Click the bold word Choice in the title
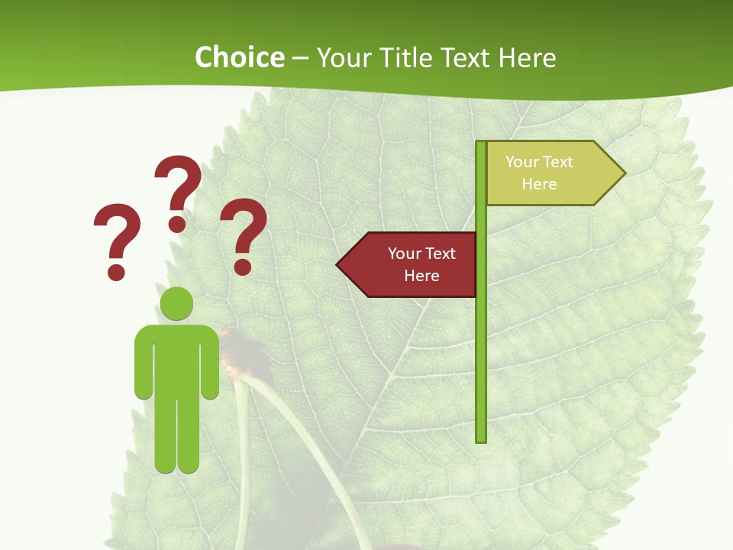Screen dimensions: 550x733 pos(239,57)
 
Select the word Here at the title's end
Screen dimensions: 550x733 pos(527,57)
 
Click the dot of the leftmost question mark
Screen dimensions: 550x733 pos(116,271)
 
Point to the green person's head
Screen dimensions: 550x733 pos(176,303)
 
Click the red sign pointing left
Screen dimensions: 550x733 pos(412,264)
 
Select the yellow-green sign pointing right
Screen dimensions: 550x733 pos(550,173)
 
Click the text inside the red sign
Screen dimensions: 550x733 pos(421,264)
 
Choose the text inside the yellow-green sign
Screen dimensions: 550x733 pos(539,173)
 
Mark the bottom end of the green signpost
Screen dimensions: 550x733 pos(481,438)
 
